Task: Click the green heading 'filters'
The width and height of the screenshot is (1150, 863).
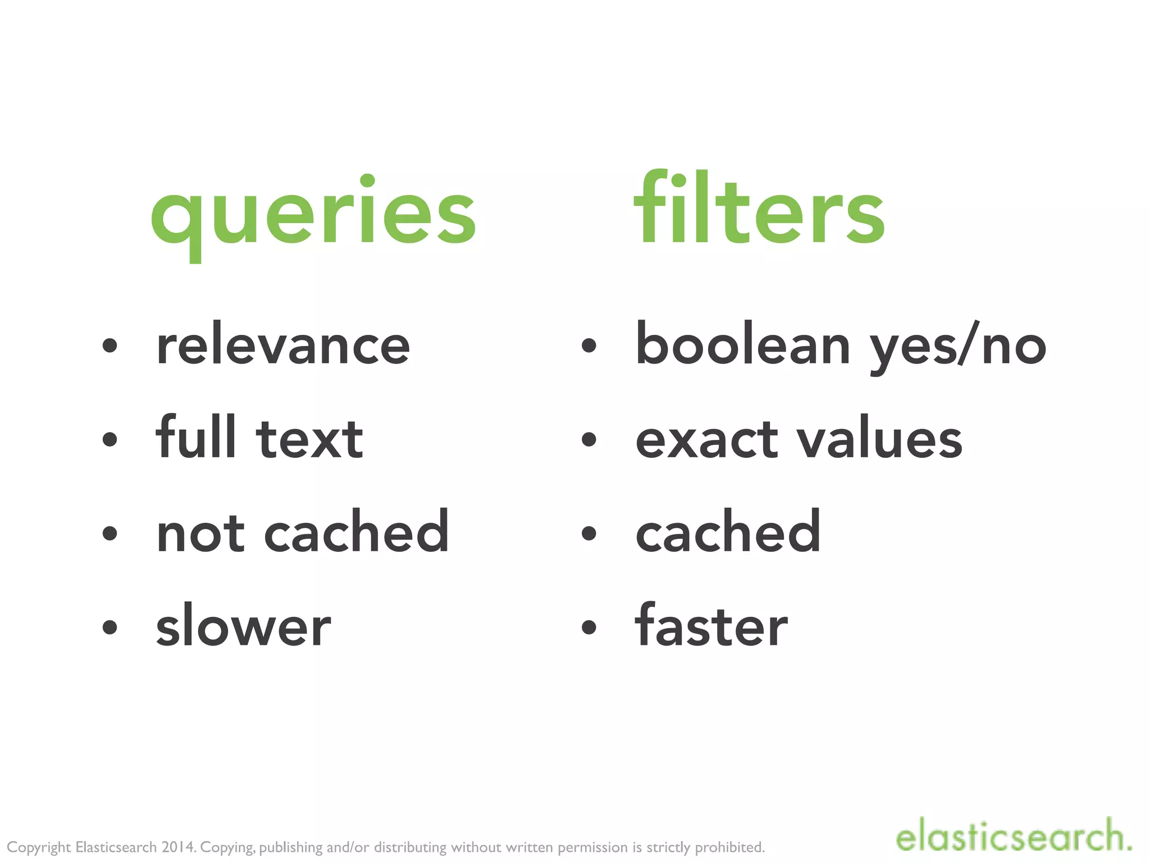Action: (759, 209)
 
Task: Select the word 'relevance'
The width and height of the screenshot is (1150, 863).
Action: (283, 345)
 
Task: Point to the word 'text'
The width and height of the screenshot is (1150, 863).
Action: (309, 439)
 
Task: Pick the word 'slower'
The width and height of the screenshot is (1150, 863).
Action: (243, 626)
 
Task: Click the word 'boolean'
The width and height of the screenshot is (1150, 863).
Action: (742, 344)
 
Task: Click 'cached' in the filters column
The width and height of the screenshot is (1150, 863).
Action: (728, 532)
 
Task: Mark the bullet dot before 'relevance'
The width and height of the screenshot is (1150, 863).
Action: (110, 346)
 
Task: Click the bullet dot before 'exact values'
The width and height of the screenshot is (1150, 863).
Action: (588, 439)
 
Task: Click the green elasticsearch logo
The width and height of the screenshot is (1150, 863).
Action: (1013, 837)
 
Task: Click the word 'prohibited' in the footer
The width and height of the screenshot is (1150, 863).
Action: (729, 847)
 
